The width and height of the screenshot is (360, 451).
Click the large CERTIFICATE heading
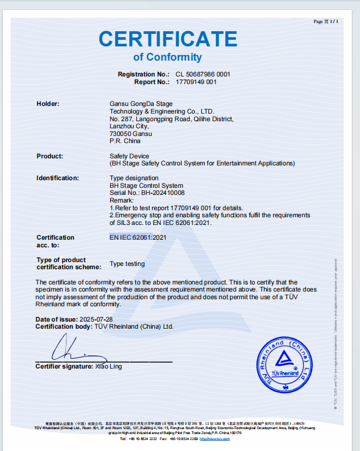pos(168,39)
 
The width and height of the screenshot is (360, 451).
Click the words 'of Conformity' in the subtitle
pos(167,57)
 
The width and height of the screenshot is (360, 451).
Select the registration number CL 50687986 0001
pos(203,74)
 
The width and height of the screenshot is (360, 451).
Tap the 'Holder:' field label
pos(48,104)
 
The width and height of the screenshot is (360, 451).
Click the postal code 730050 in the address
pos(120,134)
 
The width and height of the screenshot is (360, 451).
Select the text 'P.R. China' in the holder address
pos(125,141)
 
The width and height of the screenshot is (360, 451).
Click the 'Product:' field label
pos(50,156)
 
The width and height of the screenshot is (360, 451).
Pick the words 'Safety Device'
pos(129,156)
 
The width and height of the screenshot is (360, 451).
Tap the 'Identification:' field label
pos(58,178)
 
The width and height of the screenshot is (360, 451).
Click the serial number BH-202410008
pos(163,193)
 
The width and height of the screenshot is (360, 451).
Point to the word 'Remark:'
pos(122,200)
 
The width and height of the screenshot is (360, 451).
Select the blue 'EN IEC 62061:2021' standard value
pos(137,238)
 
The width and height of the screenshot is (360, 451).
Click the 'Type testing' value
pos(127,264)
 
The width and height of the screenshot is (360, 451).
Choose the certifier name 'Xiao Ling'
pos(109,366)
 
